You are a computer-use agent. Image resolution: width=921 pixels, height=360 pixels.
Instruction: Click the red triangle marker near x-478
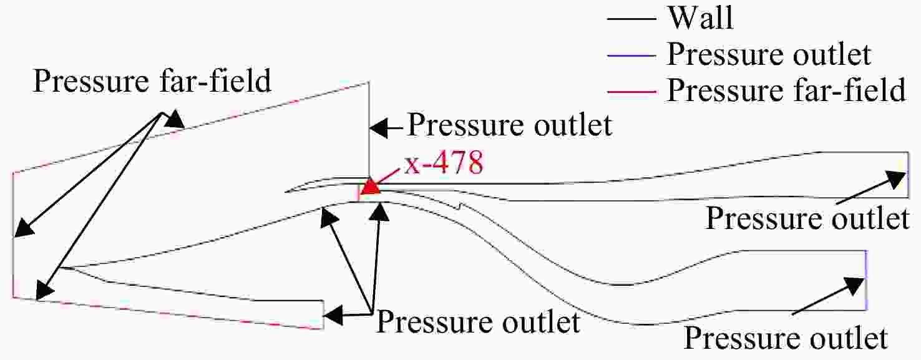(x=371, y=187)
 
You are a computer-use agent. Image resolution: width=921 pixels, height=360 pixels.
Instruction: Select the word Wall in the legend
(x=701, y=18)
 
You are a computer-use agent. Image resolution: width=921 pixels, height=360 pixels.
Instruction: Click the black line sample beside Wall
(x=631, y=19)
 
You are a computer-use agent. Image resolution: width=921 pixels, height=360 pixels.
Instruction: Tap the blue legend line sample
(x=631, y=56)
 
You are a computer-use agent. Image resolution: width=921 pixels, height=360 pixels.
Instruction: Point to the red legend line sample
(x=631, y=92)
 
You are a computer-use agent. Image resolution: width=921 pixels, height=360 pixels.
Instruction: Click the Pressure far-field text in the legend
(x=786, y=90)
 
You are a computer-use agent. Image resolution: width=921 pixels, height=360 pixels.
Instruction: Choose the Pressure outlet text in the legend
(x=769, y=54)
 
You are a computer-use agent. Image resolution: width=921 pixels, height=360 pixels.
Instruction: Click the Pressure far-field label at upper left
(x=152, y=80)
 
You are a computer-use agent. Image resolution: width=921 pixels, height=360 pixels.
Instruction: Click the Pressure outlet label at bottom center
(x=478, y=322)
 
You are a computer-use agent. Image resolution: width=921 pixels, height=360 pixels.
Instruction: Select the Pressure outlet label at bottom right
(x=786, y=338)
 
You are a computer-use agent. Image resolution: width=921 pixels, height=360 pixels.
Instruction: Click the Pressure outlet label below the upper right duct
(x=807, y=218)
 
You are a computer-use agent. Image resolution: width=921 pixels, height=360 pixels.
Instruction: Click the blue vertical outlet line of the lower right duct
(x=866, y=280)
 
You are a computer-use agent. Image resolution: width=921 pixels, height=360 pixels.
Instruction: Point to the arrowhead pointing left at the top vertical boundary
(x=379, y=128)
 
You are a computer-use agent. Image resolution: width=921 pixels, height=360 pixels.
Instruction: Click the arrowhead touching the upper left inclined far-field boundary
(x=175, y=120)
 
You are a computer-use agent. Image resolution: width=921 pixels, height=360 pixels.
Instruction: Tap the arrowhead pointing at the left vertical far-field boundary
(x=23, y=228)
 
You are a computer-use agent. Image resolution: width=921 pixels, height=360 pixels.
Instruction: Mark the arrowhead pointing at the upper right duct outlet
(x=895, y=179)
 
